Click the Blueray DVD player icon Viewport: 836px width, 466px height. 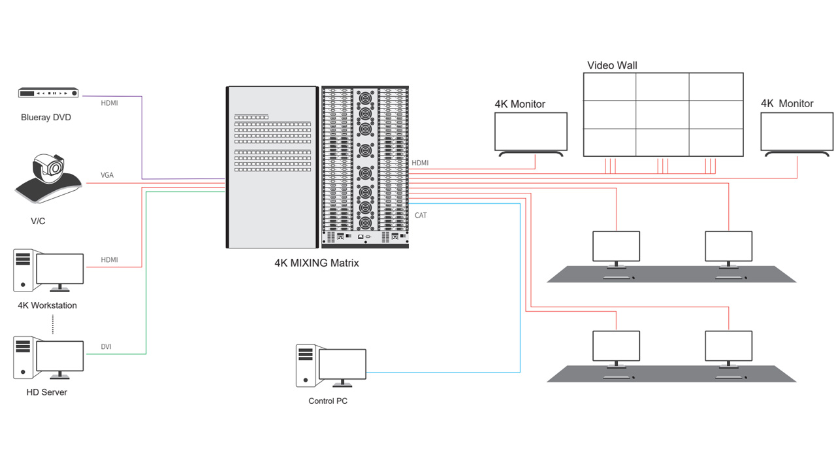(48, 93)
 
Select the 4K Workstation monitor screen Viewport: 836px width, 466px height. (60, 269)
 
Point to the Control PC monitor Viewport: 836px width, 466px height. (342, 363)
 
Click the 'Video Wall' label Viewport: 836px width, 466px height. (612, 65)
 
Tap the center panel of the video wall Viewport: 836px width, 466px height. (662, 114)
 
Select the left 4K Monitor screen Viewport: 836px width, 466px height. (530, 131)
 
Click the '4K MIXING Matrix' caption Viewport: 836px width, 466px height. (316, 263)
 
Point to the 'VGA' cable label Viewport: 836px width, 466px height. (107, 175)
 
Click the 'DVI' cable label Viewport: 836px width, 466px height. (106, 346)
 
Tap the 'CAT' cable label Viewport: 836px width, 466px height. (421, 215)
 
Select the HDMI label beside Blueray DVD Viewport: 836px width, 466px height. (109, 103)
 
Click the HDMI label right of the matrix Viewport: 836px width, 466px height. (420, 163)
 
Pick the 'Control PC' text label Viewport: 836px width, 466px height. (328, 401)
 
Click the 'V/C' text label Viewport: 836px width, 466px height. (38, 222)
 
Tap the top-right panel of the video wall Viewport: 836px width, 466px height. (716, 86)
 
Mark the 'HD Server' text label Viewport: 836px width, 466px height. (46, 392)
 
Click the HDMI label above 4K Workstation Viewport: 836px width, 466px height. (109, 260)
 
